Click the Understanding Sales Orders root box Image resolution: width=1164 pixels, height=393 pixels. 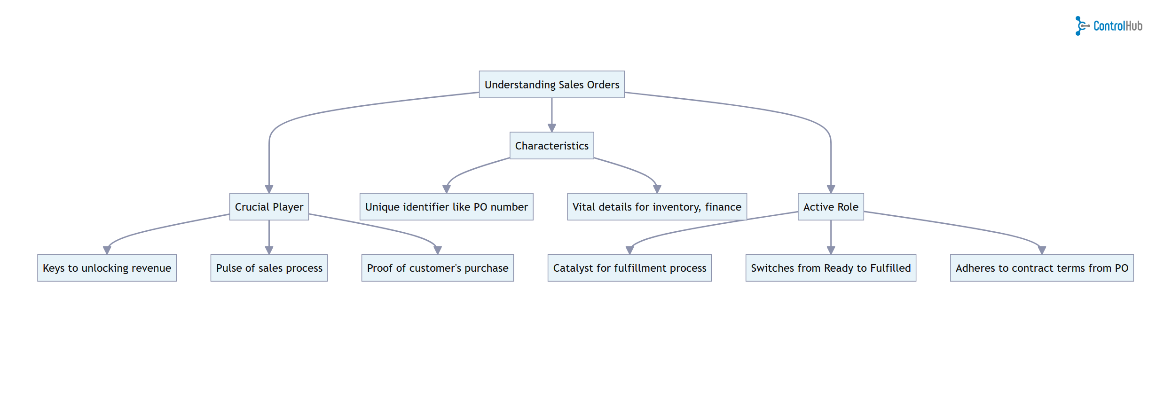(551, 85)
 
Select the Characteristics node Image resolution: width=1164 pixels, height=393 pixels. (551, 146)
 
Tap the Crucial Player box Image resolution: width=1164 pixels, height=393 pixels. (269, 207)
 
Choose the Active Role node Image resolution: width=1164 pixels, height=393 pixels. (830, 207)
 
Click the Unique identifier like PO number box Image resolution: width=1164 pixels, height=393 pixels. (446, 207)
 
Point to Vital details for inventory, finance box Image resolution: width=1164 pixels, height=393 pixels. (657, 207)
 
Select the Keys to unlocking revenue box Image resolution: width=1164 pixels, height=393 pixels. (107, 268)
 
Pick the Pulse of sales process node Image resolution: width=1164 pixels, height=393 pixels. (269, 268)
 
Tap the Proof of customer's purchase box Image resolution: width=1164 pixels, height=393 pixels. (437, 268)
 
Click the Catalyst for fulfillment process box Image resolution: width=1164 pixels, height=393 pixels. (629, 268)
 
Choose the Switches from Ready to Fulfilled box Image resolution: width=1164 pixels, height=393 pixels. (831, 268)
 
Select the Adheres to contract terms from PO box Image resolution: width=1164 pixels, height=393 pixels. (1042, 268)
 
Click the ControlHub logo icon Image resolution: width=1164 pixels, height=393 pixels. (1081, 26)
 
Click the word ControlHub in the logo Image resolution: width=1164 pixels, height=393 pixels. (1117, 26)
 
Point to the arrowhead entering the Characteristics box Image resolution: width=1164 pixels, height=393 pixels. (552, 128)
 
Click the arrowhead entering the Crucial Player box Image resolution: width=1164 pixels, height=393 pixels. (269, 189)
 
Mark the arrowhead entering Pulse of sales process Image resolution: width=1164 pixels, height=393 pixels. (269, 250)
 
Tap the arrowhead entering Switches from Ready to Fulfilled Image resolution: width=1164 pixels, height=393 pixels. (831, 250)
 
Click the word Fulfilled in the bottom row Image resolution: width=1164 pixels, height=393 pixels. (890, 268)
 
